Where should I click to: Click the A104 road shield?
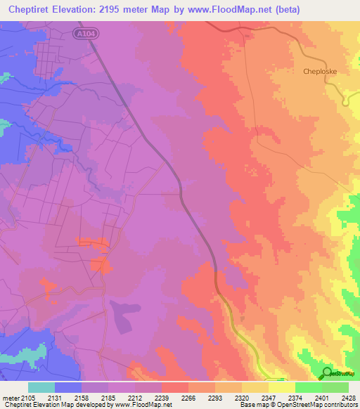84,32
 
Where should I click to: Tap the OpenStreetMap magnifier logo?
326,372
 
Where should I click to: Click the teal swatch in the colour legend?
41,387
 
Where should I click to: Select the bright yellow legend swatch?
281,387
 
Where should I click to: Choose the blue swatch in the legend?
68,387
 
